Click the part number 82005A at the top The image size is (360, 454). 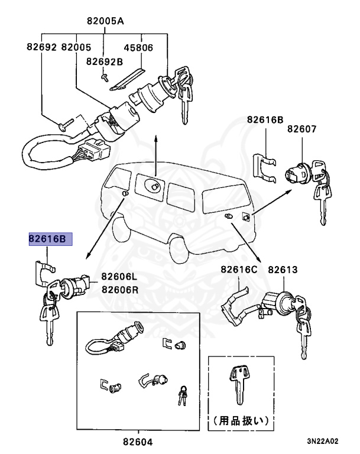tap(104, 21)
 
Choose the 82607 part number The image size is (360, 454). tap(302, 129)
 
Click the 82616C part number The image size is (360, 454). tap(239, 270)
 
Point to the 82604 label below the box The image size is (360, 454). tap(137, 441)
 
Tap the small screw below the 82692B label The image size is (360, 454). tap(105, 77)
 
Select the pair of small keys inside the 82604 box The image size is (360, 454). tap(182, 394)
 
